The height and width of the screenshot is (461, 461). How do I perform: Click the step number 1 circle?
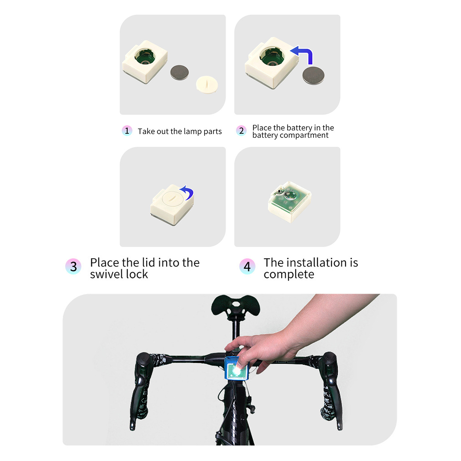tap(127, 131)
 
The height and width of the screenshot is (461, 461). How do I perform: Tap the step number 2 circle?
tap(241, 131)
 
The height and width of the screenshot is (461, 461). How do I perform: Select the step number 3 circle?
tap(73, 266)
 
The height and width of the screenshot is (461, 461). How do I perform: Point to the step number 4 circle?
tap(247, 266)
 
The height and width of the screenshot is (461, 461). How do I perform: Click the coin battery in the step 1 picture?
tap(180, 73)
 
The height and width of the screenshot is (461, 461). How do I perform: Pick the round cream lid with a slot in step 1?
tap(207, 85)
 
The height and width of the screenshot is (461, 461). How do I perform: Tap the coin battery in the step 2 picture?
tap(313, 76)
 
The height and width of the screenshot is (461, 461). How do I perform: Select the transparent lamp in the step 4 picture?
tap(290, 202)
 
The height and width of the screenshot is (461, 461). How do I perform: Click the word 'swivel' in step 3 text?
tap(107, 274)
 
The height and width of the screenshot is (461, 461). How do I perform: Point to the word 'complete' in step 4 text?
tap(289, 274)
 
